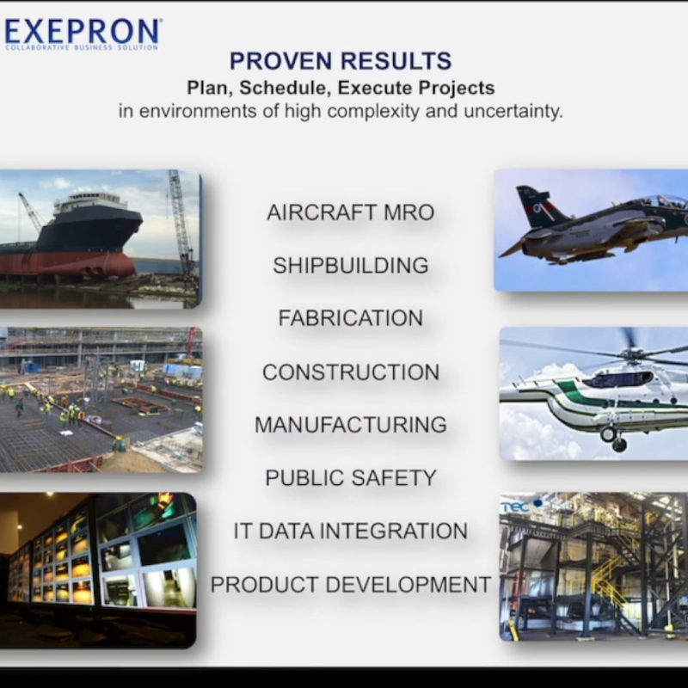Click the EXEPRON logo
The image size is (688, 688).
83,34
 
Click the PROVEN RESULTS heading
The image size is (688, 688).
341,61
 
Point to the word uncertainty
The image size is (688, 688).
513,111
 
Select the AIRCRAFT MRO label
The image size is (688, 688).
351,212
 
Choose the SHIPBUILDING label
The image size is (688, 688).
351,266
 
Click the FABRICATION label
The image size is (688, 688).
351,318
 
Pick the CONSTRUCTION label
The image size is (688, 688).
351,372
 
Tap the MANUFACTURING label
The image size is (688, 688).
351,425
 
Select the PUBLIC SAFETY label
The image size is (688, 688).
351,478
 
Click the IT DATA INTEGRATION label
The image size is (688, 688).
351,531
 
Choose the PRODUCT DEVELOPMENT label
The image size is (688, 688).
351,585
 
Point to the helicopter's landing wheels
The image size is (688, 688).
613,439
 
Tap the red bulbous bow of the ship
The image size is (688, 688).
110,266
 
